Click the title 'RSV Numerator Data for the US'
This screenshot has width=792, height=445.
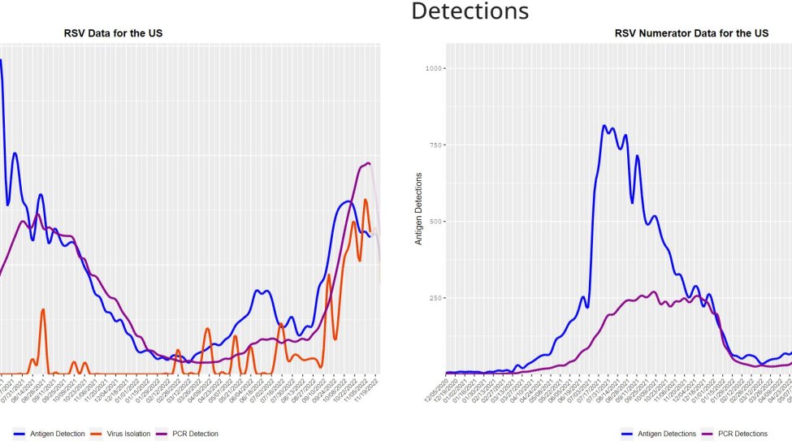[x=691, y=33]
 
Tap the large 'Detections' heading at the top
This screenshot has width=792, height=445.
[x=470, y=11]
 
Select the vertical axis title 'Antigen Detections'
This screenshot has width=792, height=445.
[x=419, y=209]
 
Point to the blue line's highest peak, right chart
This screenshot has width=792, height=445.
[x=604, y=126]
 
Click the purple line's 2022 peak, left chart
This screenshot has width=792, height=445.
[x=369, y=163]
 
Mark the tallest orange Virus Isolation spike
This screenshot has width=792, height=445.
[x=366, y=200]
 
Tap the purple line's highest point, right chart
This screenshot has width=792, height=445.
[x=653, y=292]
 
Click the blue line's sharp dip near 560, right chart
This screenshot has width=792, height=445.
[x=632, y=202]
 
